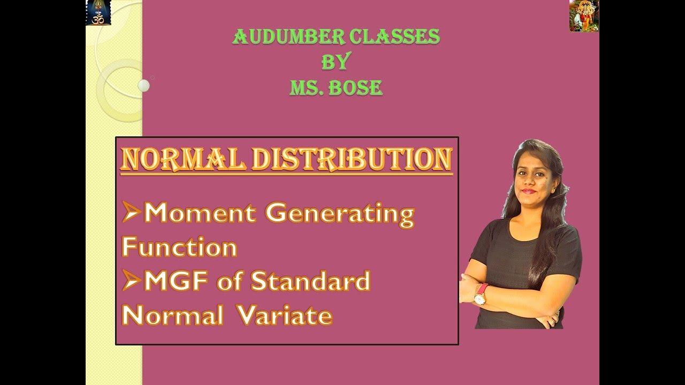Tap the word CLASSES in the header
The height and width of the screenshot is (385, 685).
click(394, 37)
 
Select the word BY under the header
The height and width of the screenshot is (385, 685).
click(336, 62)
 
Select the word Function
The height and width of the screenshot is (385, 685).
click(179, 248)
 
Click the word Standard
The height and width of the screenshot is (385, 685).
click(310, 281)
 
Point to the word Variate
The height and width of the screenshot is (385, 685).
click(285, 315)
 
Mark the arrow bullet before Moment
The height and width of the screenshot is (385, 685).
click(131, 213)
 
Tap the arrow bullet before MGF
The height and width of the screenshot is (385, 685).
click(131, 281)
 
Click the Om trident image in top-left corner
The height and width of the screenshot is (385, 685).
click(98, 12)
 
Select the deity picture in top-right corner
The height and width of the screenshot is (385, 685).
click(584, 16)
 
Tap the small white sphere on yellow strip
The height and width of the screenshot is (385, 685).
click(143, 86)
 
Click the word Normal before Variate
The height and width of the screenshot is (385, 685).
click(172, 315)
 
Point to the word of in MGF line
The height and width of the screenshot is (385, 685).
click(230, 281)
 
